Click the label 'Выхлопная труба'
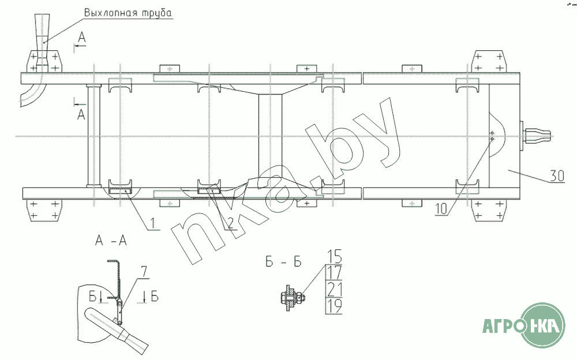point(128,13)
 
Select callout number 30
point(557,176)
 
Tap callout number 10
point(441,209)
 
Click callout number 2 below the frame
point(230,223)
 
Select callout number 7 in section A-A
point(144,272)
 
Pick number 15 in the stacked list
point(334,256)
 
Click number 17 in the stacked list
point(334,273)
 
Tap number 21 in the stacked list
point(334,289)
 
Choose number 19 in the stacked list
point(334,306)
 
